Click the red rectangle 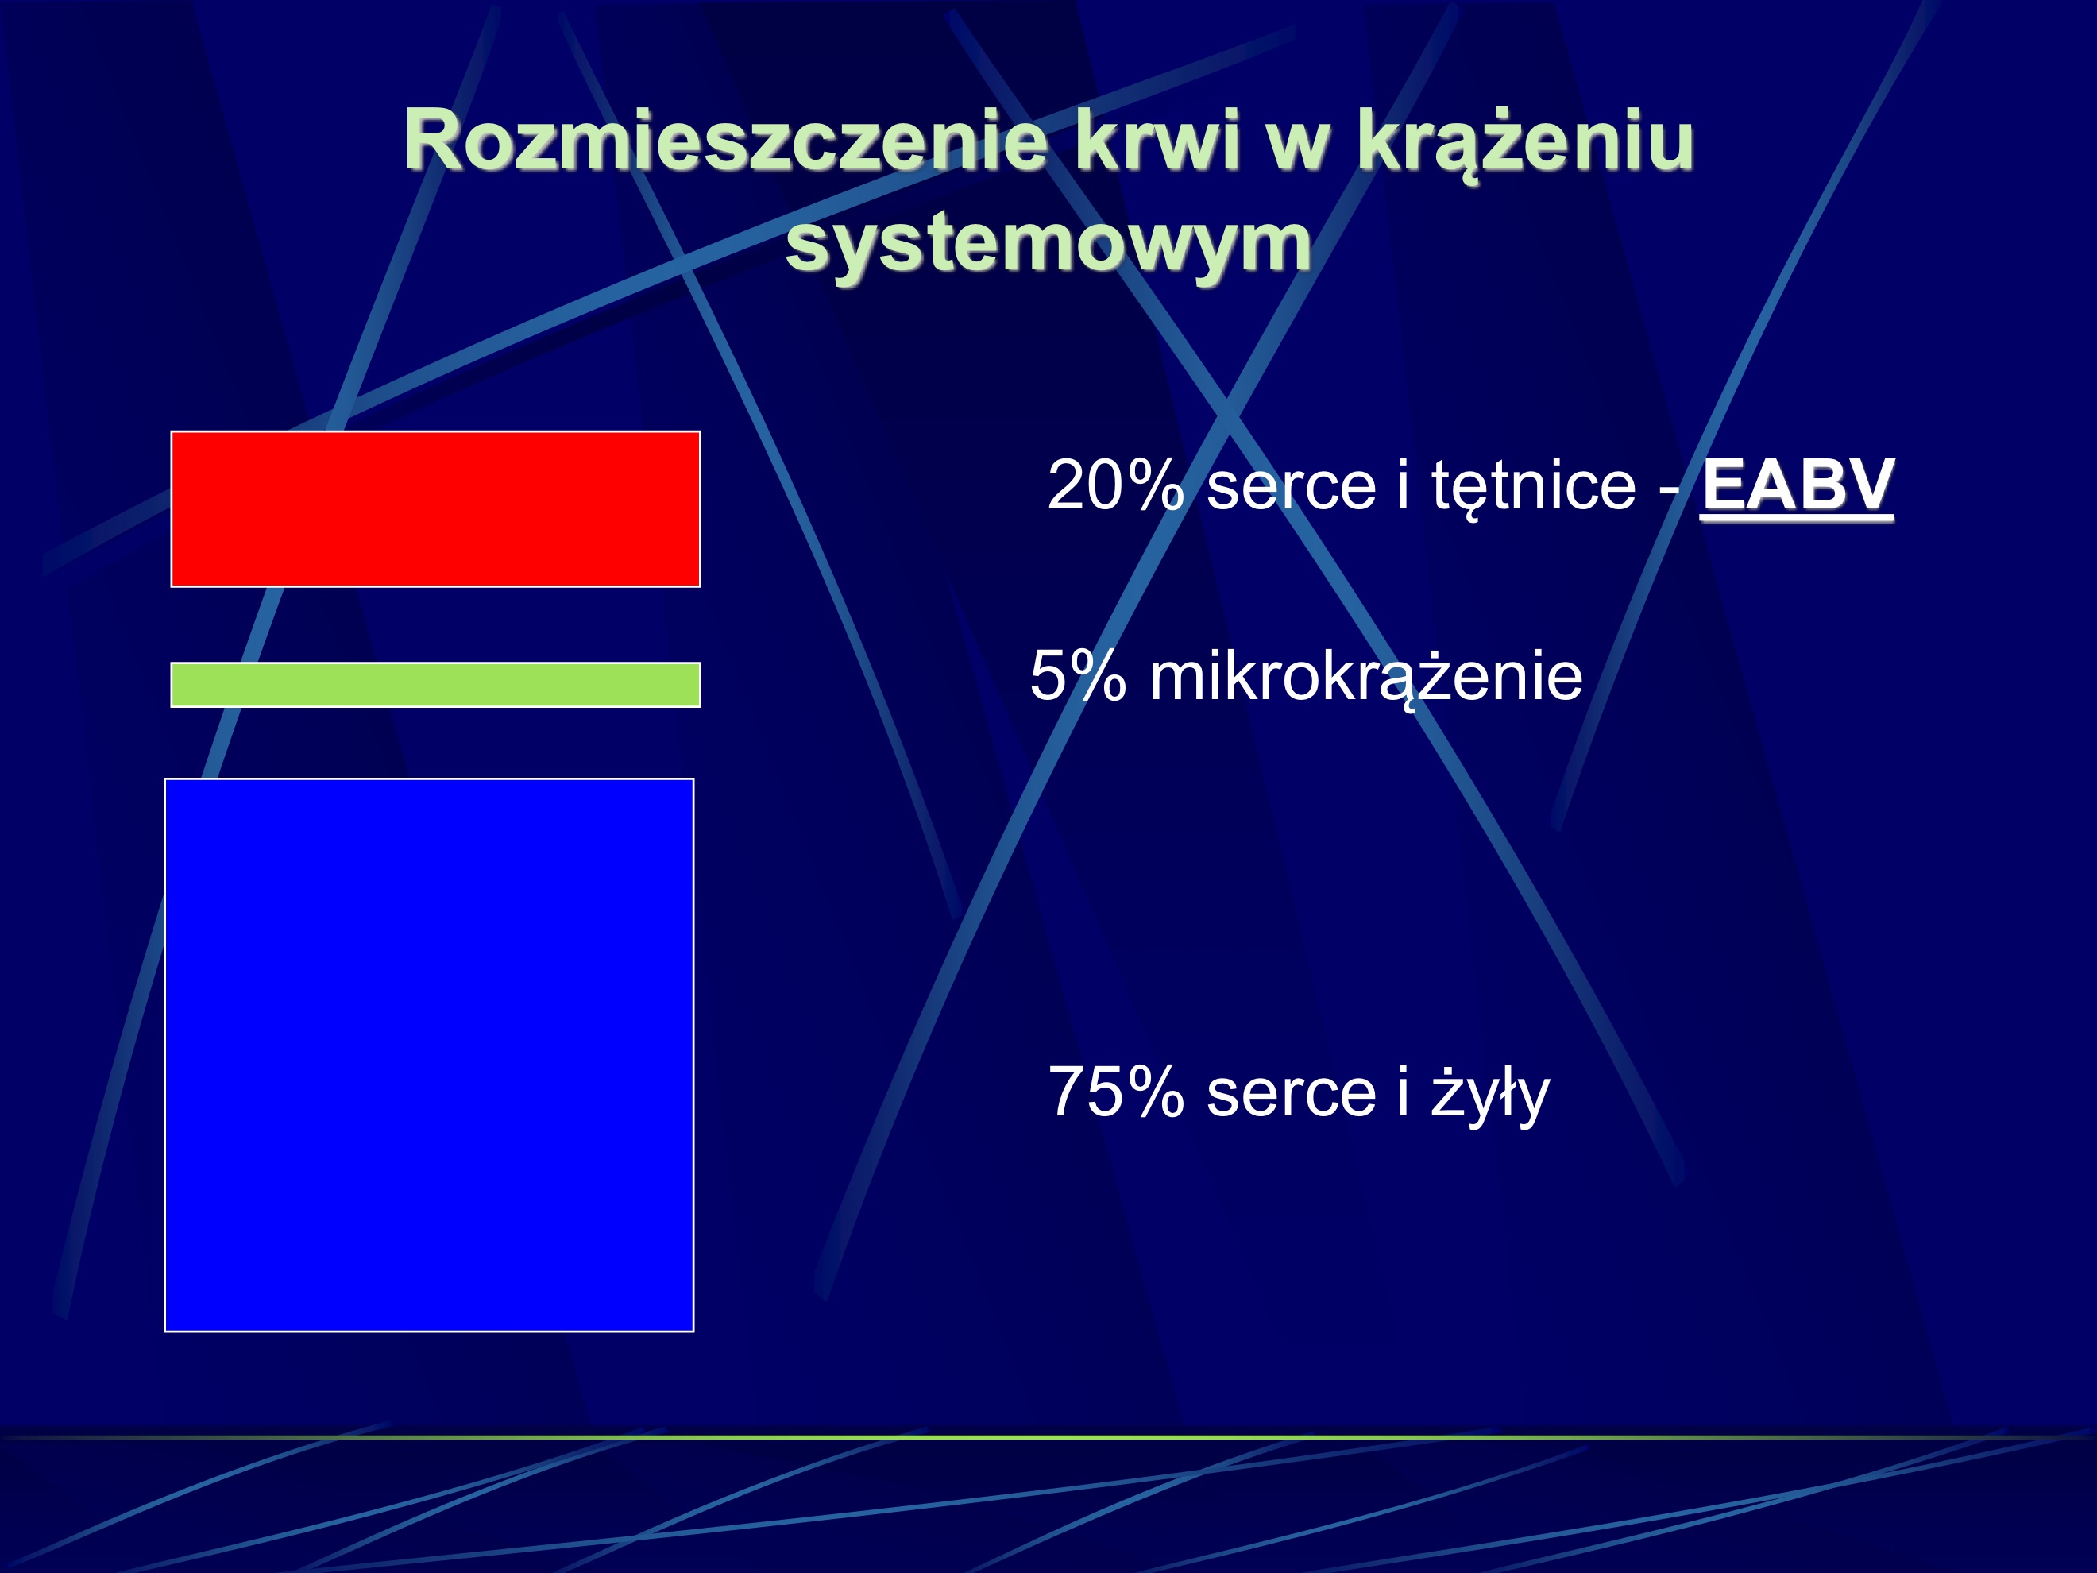[435, 509]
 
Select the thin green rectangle [435, 685]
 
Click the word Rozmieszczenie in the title [725, 142]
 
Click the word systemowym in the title [1048, 243]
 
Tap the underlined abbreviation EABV [1798, 485]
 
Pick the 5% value [1078, 677]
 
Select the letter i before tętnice [1403, 485]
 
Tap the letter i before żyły [1403, 1092]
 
